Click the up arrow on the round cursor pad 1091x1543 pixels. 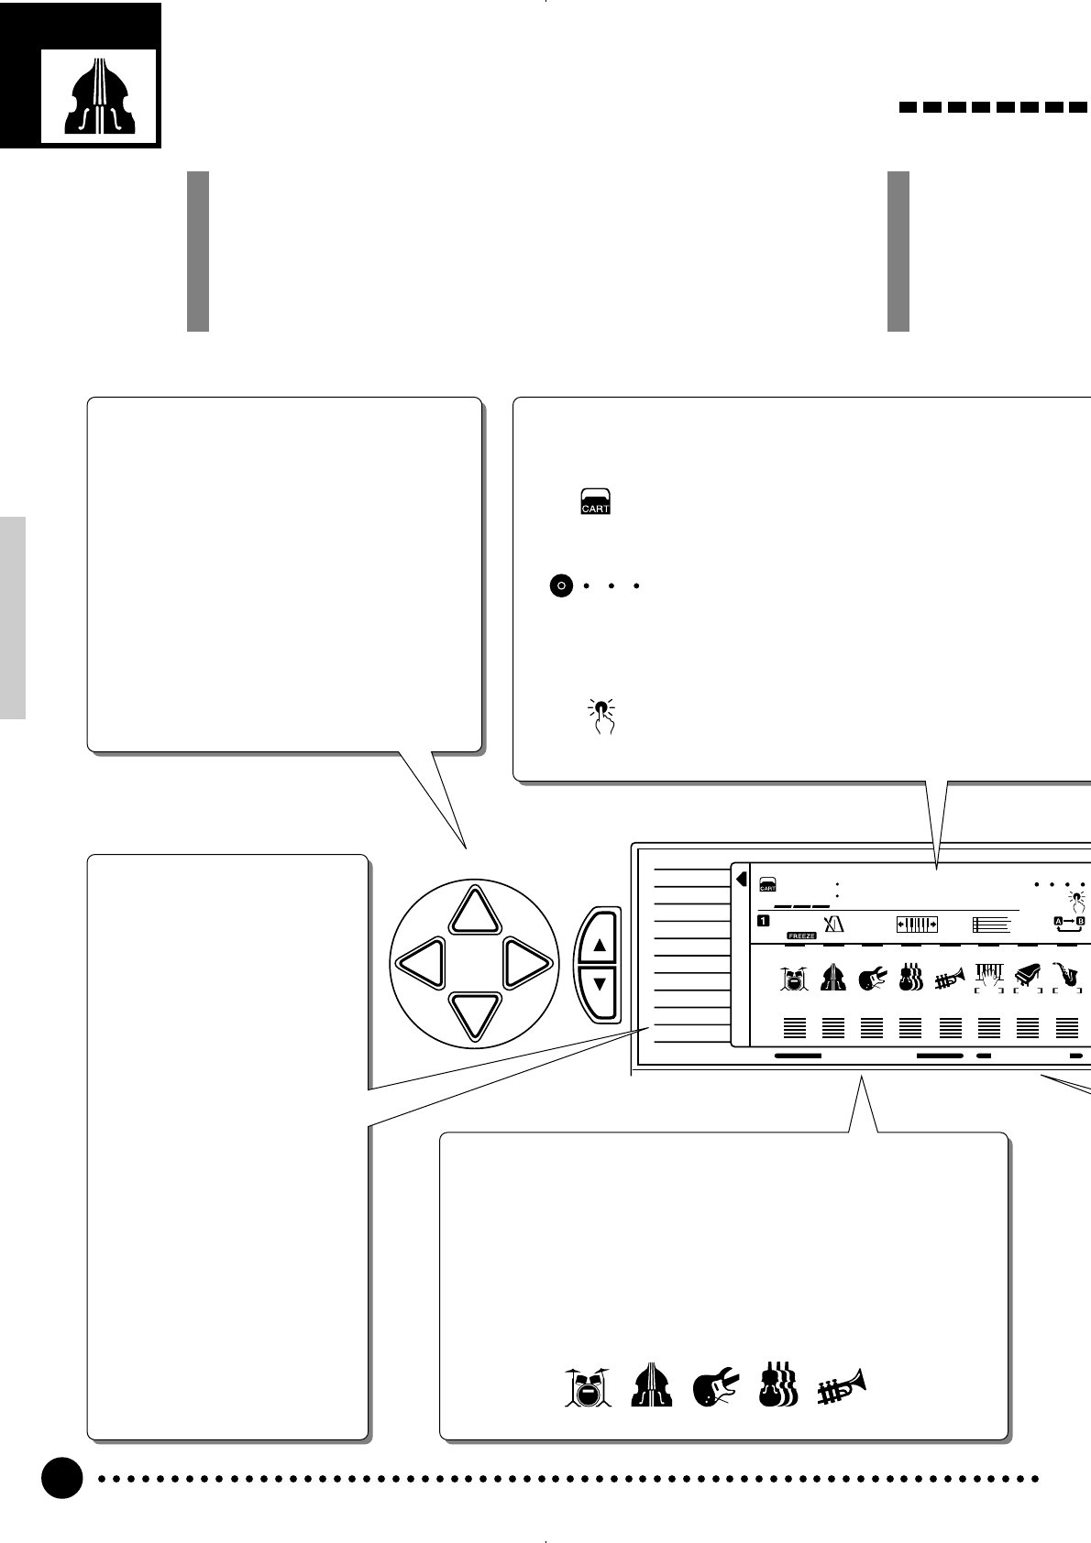[475, 910]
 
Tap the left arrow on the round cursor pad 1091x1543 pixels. [423, 964]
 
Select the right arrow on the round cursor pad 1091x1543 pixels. [527, 964]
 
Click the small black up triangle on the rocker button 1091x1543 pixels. [601, 945]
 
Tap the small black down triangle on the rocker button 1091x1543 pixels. [601, 984]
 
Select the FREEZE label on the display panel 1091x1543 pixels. [801, 936]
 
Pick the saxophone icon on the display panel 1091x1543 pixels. [1066, 974]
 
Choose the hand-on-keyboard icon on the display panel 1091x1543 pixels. [988, 976]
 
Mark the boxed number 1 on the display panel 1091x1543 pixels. [763, 921]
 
